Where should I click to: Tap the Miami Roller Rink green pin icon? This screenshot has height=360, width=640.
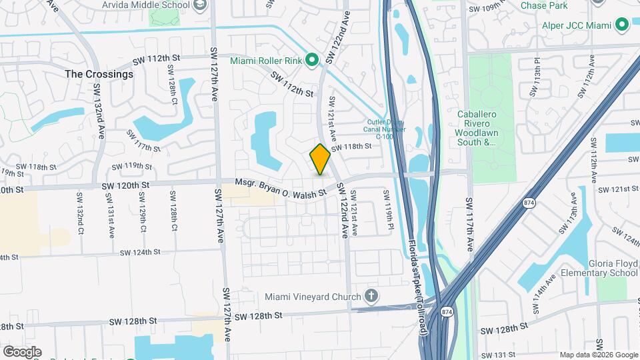coord(311,61)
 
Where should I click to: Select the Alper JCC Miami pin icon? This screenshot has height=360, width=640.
coord(623,25)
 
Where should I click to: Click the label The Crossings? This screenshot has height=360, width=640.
coord(99,74)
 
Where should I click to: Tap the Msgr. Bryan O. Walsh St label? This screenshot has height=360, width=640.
coord(281,187)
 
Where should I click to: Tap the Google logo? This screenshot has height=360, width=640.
coord(22,352)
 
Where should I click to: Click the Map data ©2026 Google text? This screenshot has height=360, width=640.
coord(598,355)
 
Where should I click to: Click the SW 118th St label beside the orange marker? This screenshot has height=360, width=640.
coord(351,147)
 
